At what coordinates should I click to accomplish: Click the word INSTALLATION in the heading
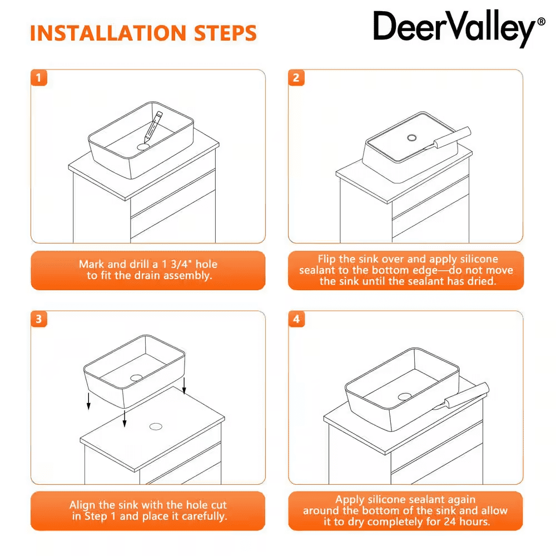click(108, 33)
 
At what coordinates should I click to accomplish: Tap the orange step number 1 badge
click(39, 78)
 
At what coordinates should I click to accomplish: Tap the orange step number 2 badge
click(296, 78)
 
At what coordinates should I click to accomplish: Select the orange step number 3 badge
click(39, 319)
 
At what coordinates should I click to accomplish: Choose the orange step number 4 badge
click(296, 319)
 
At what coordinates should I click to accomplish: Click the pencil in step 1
click(153, 127)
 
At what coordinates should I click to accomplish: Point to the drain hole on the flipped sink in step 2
click(411, 137)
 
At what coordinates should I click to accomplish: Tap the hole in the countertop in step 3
click(156, 426)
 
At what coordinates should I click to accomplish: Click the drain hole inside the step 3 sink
click(136, 378)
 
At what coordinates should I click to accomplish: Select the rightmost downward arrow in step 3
click(184, 386)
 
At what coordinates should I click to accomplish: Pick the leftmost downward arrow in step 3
click(88, 401)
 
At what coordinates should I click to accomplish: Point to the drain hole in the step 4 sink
click(405, 396)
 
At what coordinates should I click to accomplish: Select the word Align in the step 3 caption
click(81, 505)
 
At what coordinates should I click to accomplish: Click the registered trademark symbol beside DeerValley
click(542, 22)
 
